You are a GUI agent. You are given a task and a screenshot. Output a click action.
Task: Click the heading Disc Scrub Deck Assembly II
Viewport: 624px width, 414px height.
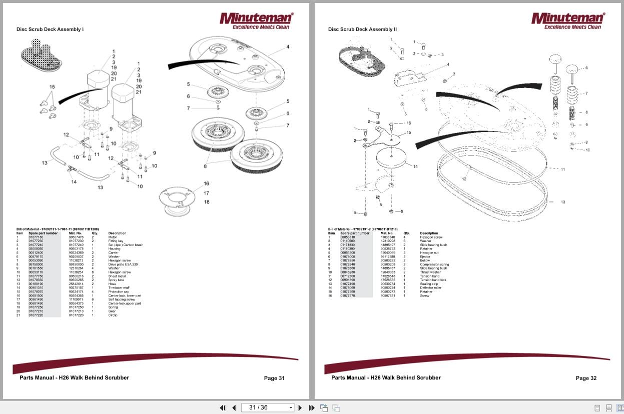click(x=362, y=29)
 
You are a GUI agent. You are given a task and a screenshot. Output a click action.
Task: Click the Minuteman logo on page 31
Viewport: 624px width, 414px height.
click(x=256, y=20)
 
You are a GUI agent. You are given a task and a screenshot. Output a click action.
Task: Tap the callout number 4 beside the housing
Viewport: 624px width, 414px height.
click(x=288, y=47)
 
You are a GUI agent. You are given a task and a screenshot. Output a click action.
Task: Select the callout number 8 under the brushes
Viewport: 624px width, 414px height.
click(x=205, y=166)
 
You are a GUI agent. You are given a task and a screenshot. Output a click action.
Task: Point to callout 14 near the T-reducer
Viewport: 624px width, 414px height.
click(x=74, y=182)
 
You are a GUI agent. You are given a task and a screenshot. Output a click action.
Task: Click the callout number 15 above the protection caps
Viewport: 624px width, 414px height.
click(x=52, y=87)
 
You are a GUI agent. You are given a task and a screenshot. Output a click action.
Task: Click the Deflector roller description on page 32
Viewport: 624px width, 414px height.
click(x=431, y=288)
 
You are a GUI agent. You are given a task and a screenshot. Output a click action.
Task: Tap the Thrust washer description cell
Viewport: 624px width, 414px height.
click(x=430, y=272)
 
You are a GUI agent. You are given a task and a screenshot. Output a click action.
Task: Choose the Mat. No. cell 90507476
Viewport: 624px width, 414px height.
click(x=76, y=237)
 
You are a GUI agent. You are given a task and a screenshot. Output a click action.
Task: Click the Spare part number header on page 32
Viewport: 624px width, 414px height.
click(x=355, y=233)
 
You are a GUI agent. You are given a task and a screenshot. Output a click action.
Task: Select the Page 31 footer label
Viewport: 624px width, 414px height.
click(x=274, y=378)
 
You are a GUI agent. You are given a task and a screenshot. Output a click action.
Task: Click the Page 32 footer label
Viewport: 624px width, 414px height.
click(x=586, y=378)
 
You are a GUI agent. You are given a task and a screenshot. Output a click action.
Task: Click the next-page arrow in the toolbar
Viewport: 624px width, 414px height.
click(x=300, y=407)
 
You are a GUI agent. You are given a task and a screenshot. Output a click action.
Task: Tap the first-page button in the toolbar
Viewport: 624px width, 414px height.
click(x=223, y=407)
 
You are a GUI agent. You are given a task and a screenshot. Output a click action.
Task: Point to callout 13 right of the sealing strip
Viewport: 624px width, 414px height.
click(x=562, y=202)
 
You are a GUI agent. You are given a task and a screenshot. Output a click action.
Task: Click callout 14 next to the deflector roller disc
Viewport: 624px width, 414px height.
click(x=415, y=166)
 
